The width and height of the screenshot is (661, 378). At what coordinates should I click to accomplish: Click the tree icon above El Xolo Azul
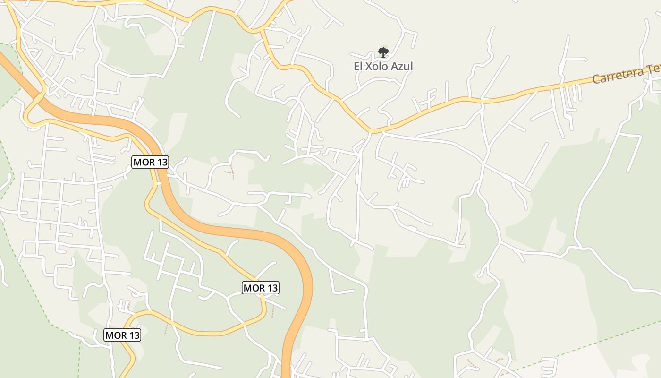[x=383, y=52]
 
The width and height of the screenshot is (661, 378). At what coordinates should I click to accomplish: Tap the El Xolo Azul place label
[x=383, y=66]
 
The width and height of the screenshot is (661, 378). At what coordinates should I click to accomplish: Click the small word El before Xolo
[x=359, y=66]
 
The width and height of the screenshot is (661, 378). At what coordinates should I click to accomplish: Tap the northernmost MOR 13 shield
[x=150, y=162]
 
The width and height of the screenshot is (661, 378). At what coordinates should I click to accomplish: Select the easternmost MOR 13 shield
[x=261, y=287]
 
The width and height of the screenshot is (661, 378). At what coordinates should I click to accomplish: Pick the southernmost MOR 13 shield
[x=122, y=335]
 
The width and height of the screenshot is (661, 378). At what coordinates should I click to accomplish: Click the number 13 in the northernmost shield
[x=161, y=162]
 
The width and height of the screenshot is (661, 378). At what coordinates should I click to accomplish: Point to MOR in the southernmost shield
[x=115, y=335]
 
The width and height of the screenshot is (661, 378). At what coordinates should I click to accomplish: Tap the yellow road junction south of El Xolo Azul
[x=373, y=130]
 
